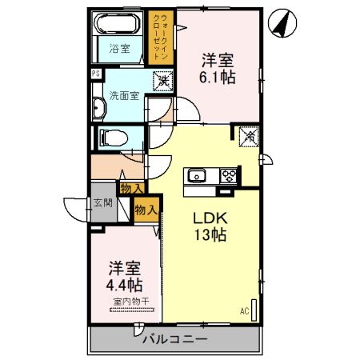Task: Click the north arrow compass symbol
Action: click(281, 24)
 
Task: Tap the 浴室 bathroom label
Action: click(120, 49)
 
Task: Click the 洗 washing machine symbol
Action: click(162, 80)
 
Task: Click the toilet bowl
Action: click(110, 138)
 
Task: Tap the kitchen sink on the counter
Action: click(198, 176)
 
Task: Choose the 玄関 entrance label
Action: click(102, 203)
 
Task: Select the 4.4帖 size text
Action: click(124, 285)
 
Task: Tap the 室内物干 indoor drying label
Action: click(126, 302)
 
